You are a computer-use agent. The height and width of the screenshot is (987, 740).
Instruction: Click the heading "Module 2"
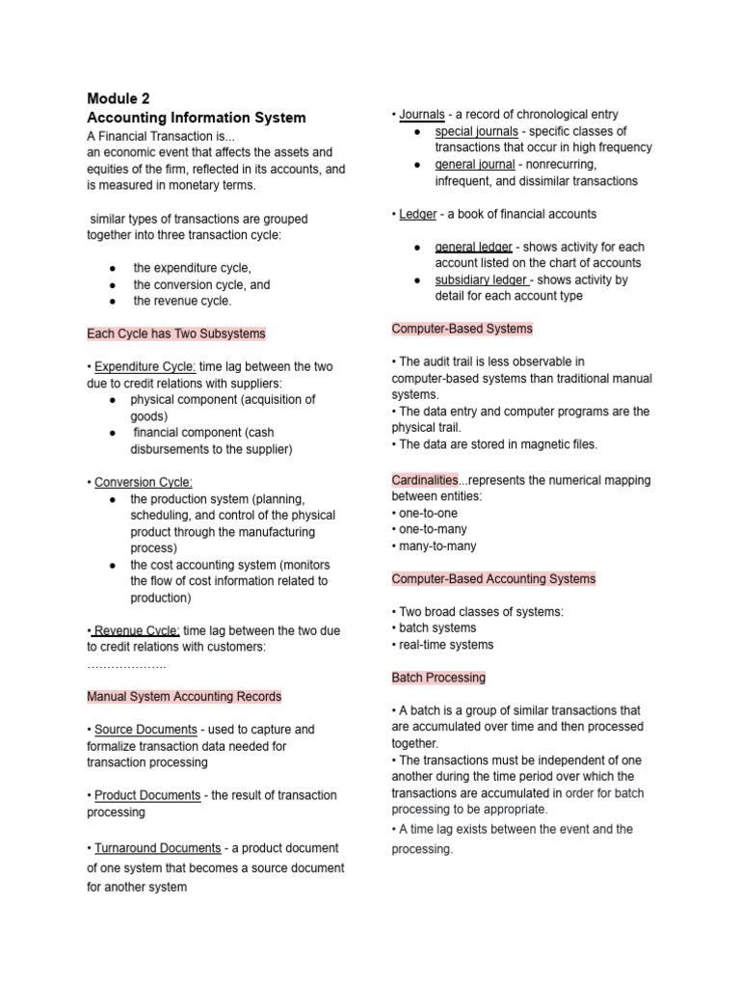click(118, 98)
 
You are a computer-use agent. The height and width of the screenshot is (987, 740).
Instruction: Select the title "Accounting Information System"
click(196, 118)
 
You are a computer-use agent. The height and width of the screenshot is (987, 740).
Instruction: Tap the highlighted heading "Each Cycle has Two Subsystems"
click(176, 333)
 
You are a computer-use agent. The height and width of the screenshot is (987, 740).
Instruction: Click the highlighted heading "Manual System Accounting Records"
click(184, 696)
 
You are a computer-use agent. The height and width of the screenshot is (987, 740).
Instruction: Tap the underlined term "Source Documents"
click(145, 730)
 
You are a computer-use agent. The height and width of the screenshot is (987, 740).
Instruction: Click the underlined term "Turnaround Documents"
click(157, 848)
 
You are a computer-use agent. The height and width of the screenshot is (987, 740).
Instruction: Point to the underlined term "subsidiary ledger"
click(482, 280)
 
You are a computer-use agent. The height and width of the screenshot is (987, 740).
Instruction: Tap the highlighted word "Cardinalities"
click(425, 479)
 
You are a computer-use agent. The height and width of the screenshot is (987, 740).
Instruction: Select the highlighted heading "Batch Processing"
click(438, 678)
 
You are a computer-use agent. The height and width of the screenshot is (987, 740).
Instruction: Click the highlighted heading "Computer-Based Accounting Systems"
click(493, 578)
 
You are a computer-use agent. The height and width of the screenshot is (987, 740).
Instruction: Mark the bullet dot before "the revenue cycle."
click(114, 301)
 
